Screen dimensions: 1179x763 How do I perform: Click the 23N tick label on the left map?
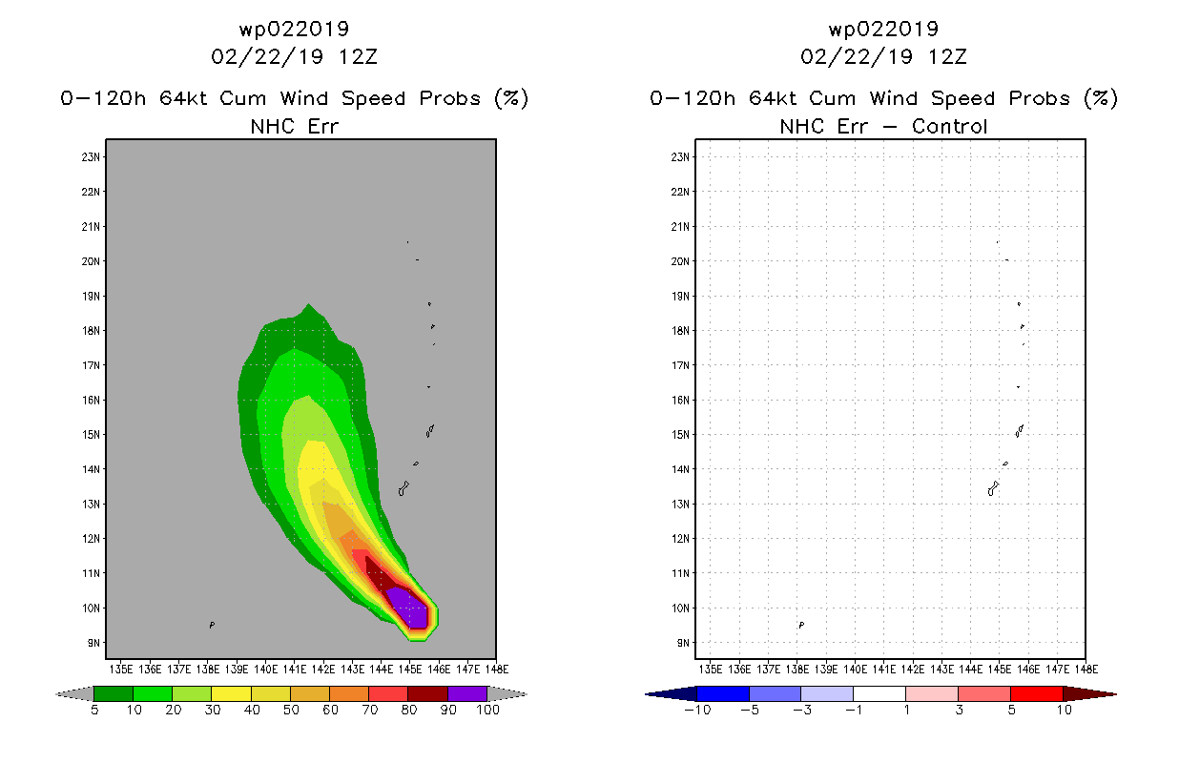tap(91, 156)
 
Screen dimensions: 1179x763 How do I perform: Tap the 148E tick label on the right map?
tap(1086, 670)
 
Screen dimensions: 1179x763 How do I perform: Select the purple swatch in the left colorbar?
tap(467, 693)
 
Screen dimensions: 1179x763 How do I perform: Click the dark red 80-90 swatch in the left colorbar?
tap(427, 693)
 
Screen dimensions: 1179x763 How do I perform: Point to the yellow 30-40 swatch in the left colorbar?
tap(231, 693)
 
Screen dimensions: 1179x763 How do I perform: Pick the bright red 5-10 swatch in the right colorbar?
tap(1037, 693)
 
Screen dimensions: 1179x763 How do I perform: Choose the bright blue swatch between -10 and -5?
tap(723, 693)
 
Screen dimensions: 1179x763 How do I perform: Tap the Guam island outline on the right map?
tap(993, 488)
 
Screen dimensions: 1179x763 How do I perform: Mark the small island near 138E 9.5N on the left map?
tap(212, 625)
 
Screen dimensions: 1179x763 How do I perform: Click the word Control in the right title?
tap(949, 126)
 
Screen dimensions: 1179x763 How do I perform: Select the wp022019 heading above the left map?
tap(294, 29)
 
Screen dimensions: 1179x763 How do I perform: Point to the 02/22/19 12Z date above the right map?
tap(883, 56)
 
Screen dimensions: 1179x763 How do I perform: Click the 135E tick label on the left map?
tap(120, 670)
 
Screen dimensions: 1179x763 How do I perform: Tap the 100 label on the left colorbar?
tap(488, 710)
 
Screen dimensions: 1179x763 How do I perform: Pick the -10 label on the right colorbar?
tap(697, 710)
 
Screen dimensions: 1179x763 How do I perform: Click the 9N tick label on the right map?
tap(683, 643)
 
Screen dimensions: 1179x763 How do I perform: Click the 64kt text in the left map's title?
tap(182, 98)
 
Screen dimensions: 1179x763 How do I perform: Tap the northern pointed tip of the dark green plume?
tap(308, 304)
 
